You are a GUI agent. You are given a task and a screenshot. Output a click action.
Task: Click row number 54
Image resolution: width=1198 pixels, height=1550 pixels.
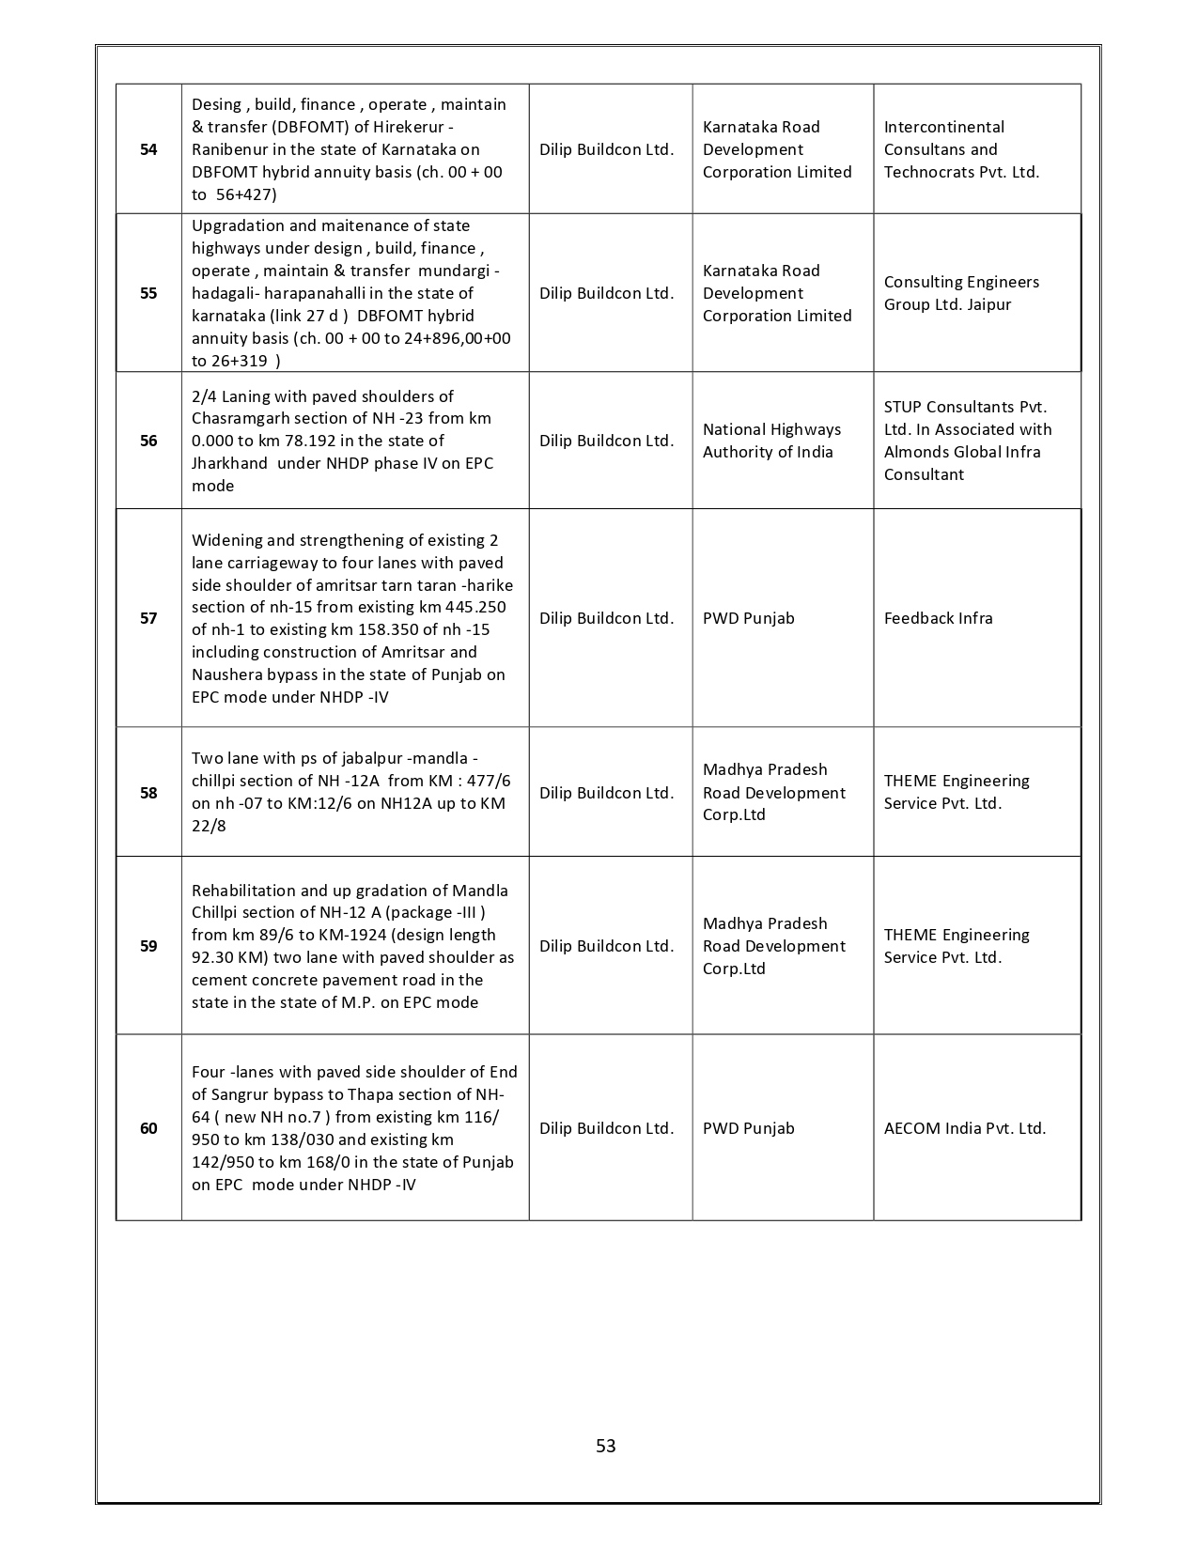[148, 149]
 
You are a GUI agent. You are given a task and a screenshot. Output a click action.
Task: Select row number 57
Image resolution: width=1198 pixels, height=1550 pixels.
[148, 618]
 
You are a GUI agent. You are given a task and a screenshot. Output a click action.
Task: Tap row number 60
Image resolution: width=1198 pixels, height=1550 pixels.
[148, 1128]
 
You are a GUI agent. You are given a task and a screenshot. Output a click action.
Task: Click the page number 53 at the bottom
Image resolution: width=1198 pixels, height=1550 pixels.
[606, 1446]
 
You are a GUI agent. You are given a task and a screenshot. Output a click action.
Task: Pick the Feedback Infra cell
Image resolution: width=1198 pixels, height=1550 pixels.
[938, 618]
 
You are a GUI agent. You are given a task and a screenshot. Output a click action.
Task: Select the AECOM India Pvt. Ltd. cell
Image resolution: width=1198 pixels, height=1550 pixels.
[964, 1128]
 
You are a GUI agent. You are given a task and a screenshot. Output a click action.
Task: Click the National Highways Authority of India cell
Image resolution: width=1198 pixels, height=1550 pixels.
[771, 441]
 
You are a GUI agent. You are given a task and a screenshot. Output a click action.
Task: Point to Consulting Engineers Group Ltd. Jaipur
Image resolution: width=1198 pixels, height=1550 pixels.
[961, 293]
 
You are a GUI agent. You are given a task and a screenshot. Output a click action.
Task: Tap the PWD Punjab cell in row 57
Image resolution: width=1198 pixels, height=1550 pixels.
[748, 618]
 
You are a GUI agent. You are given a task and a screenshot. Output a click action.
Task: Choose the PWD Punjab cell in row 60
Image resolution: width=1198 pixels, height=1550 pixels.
[748, 1128]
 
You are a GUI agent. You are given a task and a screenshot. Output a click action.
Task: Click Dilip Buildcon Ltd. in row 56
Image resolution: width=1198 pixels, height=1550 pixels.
[606, 441]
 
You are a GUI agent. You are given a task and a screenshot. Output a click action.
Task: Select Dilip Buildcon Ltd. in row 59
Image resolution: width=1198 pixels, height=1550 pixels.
[606, 946]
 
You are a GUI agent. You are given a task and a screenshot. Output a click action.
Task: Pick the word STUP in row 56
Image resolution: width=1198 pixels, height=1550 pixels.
[902, 407]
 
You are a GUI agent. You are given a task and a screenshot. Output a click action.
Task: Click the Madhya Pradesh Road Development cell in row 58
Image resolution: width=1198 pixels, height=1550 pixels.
[773, 792]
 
